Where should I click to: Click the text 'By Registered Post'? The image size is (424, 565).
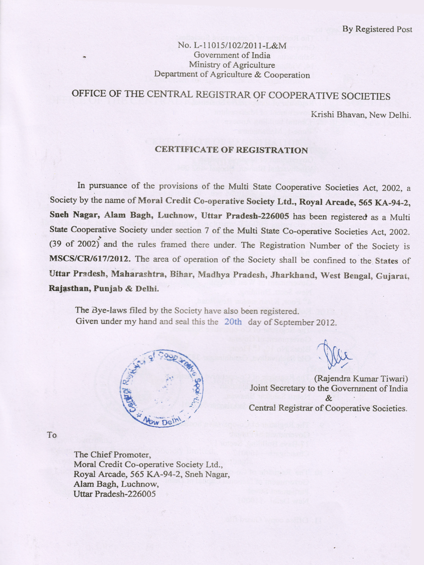377,29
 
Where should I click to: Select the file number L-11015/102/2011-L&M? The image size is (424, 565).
236,46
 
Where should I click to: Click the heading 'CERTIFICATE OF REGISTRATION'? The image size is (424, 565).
231,150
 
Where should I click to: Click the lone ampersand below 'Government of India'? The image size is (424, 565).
328,398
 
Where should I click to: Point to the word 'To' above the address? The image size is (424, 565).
52,435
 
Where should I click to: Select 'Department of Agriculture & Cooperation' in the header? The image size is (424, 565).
232,74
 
